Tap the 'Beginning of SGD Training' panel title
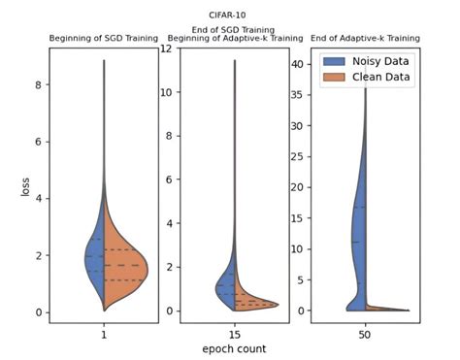point(103,39)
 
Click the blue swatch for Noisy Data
point(333,61)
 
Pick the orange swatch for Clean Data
point(333,79)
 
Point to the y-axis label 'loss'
point(26,184)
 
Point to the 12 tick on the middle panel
point(166,49)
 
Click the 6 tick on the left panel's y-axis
point(38,142)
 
